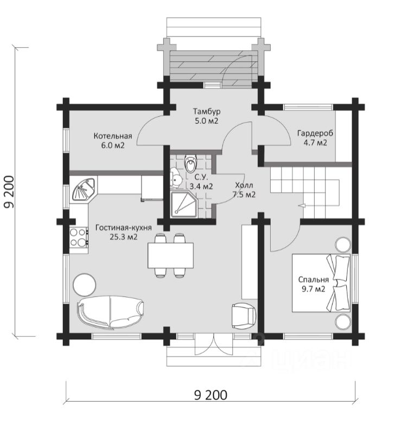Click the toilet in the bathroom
191,163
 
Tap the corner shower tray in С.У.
184,205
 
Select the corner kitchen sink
83,189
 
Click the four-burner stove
78,237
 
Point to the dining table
170,255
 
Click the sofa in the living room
110,313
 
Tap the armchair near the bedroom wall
244,315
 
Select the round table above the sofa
84,285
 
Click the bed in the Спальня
321,283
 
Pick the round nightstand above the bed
343,245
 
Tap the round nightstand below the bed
343,321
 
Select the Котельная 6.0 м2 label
113,141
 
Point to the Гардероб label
315,133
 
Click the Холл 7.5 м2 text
244,190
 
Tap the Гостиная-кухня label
124,227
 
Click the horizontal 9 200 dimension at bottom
211,395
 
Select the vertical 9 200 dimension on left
9,192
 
